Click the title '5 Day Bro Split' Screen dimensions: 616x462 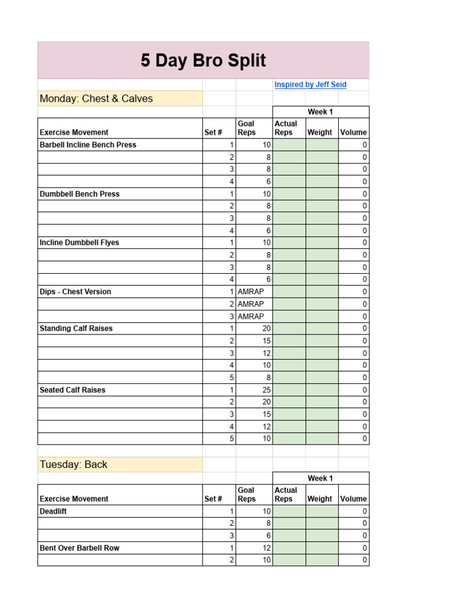coord(203,61)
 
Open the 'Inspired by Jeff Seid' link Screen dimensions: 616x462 coord(310,85)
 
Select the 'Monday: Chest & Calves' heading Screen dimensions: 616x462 coord(96,99)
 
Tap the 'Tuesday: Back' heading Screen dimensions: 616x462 coord(73,464)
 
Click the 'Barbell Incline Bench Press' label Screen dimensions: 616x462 coord(88,145)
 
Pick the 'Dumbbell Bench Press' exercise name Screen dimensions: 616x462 coord(79,194)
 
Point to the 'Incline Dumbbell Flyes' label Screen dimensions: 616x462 coord(79,243)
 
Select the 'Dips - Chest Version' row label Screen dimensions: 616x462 coord(75,292)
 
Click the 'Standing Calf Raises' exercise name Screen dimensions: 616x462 coord(76,328)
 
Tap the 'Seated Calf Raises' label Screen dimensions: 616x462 coord(72,390)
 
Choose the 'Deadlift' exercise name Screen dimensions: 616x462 coord(54,511)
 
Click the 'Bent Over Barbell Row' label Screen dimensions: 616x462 coord(79,548)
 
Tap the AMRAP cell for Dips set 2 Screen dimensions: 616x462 coord(251,304)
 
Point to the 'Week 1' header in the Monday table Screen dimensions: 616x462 coord(320,112)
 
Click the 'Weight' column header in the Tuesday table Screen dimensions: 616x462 coord(319,499)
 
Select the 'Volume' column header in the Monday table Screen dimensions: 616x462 coord(353,132)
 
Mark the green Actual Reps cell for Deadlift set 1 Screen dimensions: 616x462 coord(289,511)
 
